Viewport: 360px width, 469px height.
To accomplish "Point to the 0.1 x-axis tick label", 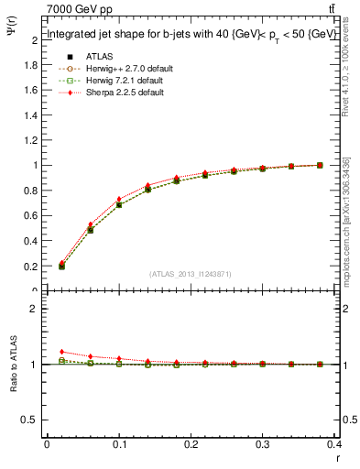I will click(119, 446).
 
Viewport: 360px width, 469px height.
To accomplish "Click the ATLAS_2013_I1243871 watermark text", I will click(189, 275).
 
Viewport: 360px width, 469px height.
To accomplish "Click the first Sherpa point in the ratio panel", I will click(62, 352).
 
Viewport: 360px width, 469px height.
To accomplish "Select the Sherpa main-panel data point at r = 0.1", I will click(119, 199).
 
